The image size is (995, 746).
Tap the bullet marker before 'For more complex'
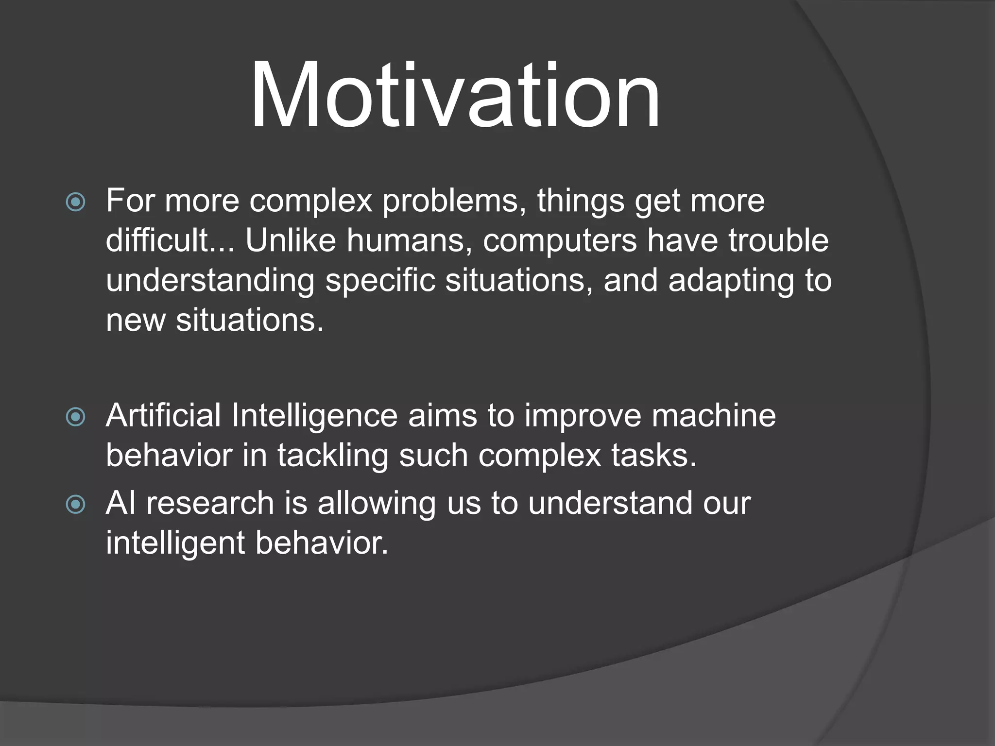pos(76,202)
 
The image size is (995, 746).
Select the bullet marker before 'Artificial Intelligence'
pos(76,417)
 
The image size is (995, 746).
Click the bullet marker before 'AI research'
pos(76,505)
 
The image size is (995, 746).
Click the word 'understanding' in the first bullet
pos(210,282)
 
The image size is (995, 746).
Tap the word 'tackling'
pos(333,457)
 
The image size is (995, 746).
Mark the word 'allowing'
pos(377,504)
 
